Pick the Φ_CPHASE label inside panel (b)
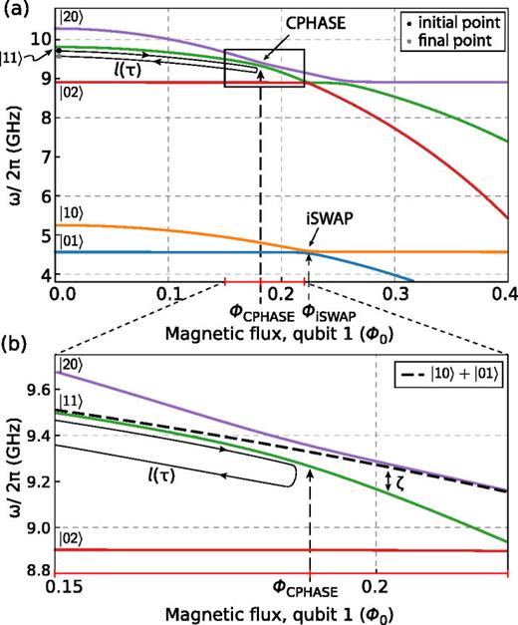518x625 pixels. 310,584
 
